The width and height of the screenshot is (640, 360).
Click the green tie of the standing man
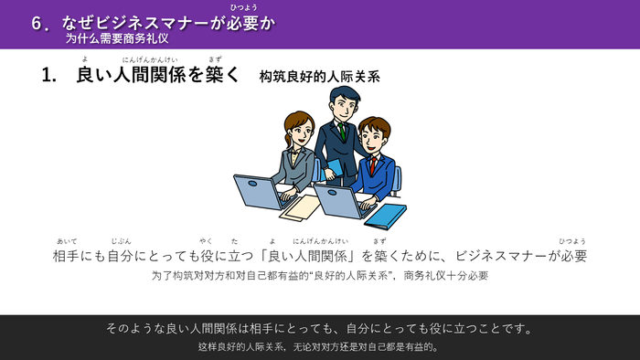point(341,132)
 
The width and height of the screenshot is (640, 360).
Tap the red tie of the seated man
point(372,165)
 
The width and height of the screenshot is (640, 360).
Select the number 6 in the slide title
point(36,25)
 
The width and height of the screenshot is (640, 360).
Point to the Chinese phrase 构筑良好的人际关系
point(319,78)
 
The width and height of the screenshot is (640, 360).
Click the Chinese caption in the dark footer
point(319,346)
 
